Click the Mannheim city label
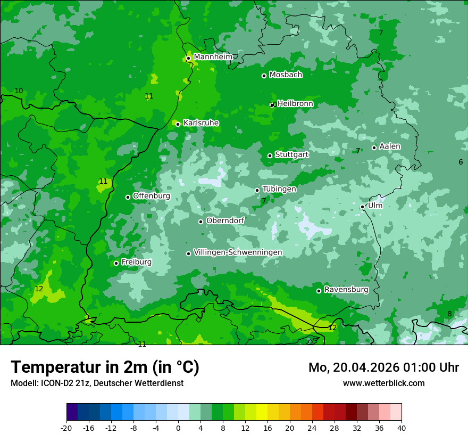[213, 57]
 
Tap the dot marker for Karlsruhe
[178, 124]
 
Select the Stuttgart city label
[291, 154]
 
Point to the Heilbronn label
[295, 103]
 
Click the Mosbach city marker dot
[264, 76]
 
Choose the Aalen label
[390, 146]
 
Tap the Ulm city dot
[362, 207]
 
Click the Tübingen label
[279, 189]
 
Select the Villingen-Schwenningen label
[238, 252]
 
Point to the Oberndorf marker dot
[200, 222]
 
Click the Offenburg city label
[152, 196]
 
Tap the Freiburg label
[136, 262]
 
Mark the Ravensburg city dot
[319, 291]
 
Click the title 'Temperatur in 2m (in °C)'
[105, 367]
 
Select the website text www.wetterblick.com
[383, 383]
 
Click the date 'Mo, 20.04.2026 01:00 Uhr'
[383, 367]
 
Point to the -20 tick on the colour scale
[66, 428]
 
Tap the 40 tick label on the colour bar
[401, 428]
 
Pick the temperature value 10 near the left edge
[19, 91]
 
